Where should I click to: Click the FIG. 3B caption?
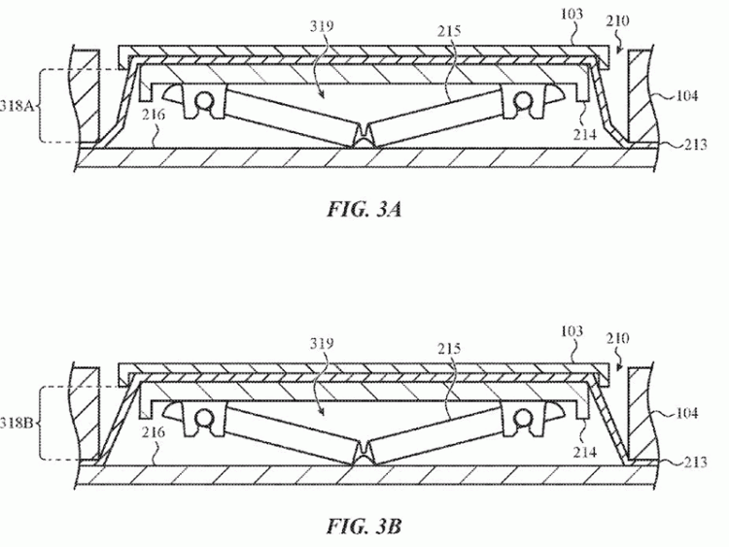point(364,527)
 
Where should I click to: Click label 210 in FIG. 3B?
point(618,338)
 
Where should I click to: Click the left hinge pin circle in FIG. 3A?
point(206,100)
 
